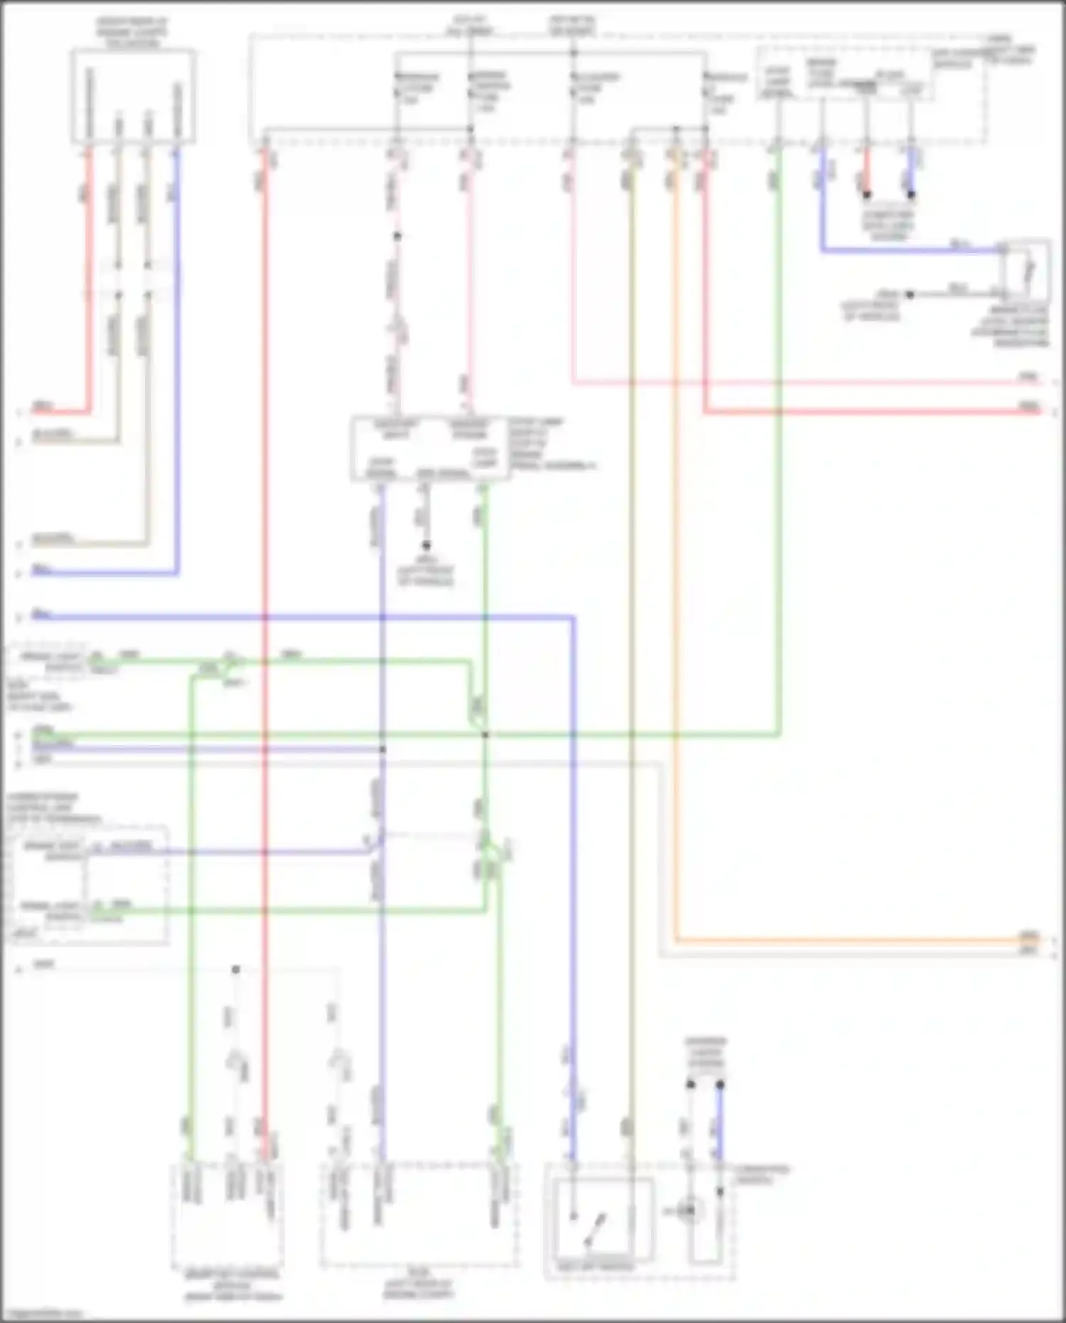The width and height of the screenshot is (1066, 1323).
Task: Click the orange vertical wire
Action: click(676, 569)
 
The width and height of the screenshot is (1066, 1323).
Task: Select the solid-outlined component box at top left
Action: click(133, 95)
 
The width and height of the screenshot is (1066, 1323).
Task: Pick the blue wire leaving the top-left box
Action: click(177, 355)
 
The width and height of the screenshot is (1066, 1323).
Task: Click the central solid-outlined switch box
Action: click(430, 449)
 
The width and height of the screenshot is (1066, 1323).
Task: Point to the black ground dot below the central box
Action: click(426, 545)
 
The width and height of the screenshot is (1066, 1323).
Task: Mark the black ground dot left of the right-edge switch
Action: click(909, 294)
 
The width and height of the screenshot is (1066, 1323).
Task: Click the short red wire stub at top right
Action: click(866, 174)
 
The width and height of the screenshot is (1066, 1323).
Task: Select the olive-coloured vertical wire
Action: click(630, 640)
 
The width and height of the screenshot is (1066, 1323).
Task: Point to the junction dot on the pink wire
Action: click(397, 236)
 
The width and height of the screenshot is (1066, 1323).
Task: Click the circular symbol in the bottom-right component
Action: click(687, 1210)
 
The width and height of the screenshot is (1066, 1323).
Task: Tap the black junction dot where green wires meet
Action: click(485, 734)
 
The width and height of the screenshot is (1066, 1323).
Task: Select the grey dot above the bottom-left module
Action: click(236, 969)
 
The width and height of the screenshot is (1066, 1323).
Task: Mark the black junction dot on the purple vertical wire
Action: click(382, 749)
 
